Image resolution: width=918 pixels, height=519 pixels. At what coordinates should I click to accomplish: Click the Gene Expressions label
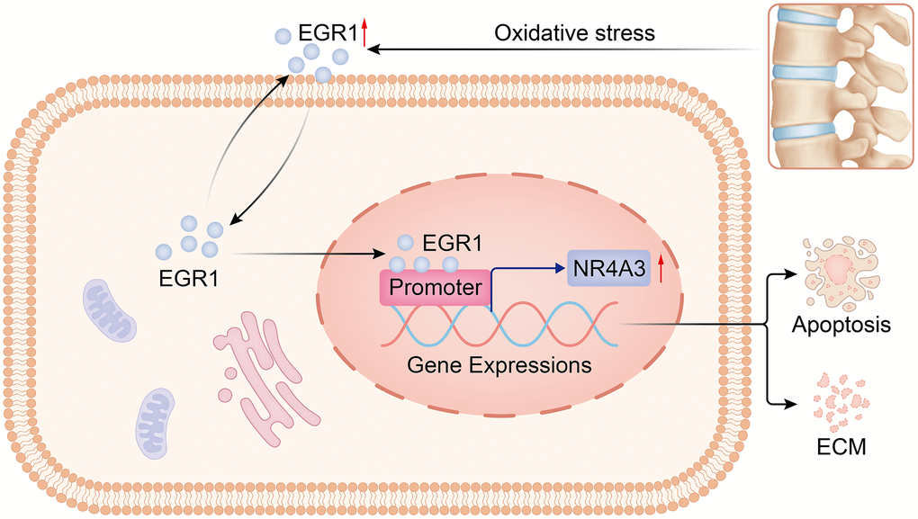click(x=499, y=365)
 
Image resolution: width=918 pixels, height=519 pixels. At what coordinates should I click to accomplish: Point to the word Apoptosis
click(x=841, y=324)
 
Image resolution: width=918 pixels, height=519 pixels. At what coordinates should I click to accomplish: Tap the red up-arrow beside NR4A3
click(x=661, y=267)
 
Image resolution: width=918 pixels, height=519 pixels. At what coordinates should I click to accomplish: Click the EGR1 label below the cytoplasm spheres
click(x=184, y=278)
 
